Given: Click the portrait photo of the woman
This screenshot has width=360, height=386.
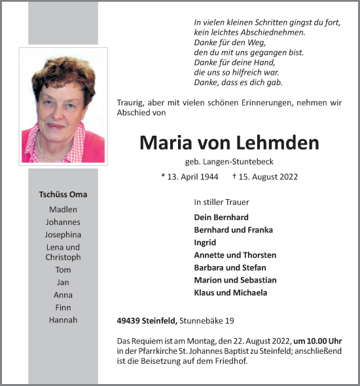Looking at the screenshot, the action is click(63, 106).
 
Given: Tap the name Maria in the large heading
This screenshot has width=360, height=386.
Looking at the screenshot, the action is click(168, 143).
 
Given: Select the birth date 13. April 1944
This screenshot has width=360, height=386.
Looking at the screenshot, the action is click(190, 177).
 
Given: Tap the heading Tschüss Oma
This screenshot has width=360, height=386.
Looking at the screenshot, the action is click(63, 195).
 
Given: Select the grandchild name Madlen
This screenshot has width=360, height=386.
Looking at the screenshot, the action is click(63, 210).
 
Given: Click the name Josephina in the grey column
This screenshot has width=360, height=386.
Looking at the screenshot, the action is click(63, 235).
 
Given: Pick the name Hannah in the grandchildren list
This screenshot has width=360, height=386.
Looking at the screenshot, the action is click(63, 320).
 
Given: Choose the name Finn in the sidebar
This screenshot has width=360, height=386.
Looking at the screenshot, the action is click(63, 307).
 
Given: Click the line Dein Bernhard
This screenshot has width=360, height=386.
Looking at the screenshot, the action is click(221, 217).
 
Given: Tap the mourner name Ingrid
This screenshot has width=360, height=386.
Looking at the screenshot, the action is click(205, 242).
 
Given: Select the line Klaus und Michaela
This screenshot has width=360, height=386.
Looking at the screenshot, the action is click(230, 292).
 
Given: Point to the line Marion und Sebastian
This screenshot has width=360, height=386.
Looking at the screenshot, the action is click(235, 280).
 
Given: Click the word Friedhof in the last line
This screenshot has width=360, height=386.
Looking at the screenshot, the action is click(230, 360).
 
